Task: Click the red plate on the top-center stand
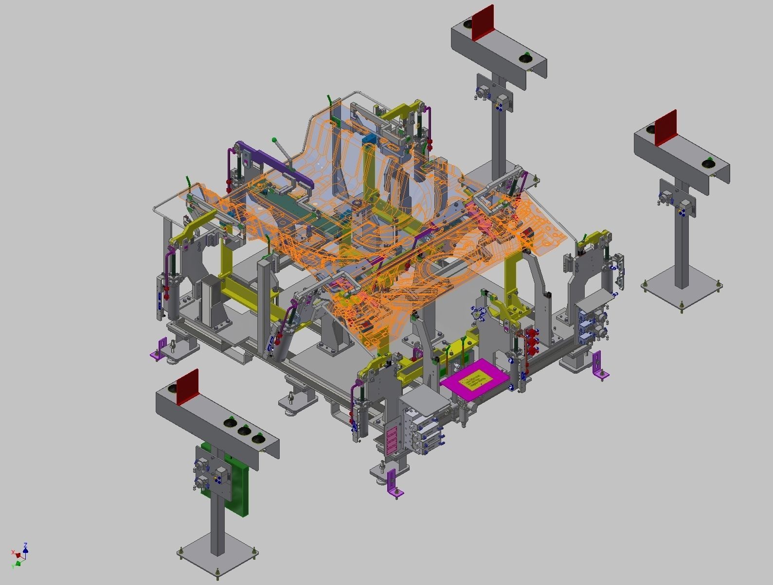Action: pyautogui.click(x=483, y=22)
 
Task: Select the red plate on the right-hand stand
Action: pyautogui.click(x=665, y=128)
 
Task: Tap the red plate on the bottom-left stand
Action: pyautogui.click(x=188, y=387)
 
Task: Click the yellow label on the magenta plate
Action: pyautogui.click(x=472, y=379)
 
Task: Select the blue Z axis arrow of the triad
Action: pyautogui.click(x=25, y=547)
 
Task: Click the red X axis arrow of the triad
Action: pyautogui.click(x=16, y=553)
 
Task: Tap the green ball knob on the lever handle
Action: pyautogui.click(x=274, y=140)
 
